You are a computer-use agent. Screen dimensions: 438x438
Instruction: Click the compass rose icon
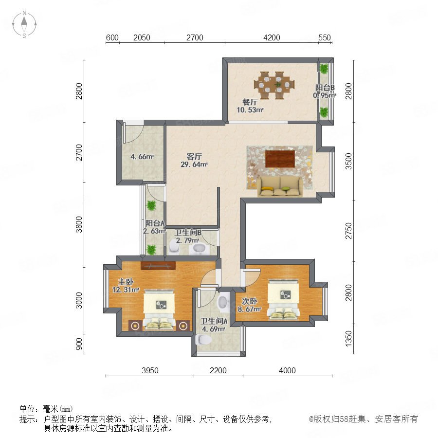tap(24, 24)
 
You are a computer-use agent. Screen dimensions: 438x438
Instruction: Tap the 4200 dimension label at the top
tap(272, 37)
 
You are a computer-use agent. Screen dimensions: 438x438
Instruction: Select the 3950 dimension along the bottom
tap(150, 370)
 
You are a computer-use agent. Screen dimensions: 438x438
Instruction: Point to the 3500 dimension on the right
tap(348, 161)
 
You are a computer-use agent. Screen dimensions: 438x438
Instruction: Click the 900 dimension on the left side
tap(79, 344)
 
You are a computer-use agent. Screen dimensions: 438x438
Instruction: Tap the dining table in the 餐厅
tap(274, 85)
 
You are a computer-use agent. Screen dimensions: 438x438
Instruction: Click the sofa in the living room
tap(279, 186)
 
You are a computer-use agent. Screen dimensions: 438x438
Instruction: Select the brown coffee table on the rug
tap(280, 159)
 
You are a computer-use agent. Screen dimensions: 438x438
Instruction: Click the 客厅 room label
tap(194, 156)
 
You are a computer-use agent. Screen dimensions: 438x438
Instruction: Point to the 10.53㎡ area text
tap(250, 110)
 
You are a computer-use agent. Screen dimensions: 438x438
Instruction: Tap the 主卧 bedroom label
tap(126, 282)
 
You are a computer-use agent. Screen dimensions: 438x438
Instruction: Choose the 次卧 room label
tap(250, 301)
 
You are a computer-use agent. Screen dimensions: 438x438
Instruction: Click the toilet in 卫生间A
tap(203, 339)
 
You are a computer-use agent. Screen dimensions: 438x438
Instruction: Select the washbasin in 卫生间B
tap(199, 249)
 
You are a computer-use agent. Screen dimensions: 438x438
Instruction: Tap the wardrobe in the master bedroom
tap(158, 266)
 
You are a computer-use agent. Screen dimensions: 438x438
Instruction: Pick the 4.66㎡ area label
tap(142, 156)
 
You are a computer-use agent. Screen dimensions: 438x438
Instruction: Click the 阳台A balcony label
tap(155, 223)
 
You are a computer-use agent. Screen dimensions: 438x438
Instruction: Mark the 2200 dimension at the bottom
tap(218, 370)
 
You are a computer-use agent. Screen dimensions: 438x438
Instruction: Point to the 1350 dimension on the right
tap(348, 339)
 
